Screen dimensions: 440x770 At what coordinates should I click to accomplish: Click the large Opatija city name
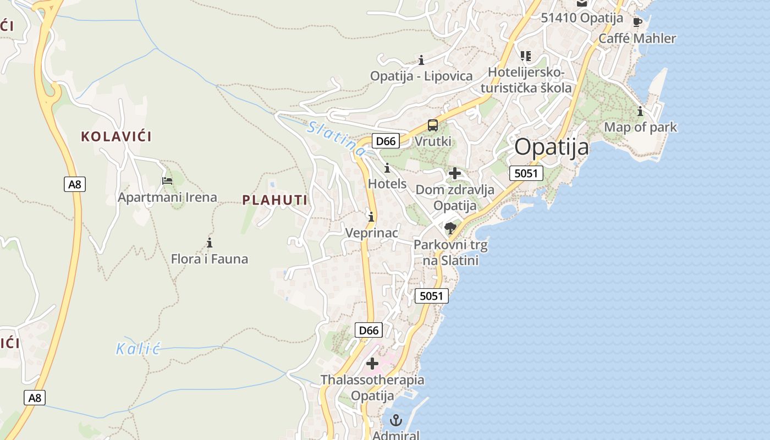552,147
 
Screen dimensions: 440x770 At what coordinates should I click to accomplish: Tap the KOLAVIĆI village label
116,136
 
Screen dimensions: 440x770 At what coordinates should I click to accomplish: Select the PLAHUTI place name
275,200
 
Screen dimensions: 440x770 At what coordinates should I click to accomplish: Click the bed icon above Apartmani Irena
167,180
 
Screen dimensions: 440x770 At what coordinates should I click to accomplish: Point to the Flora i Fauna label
210,258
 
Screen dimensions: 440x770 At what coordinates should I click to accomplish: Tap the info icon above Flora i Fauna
209,243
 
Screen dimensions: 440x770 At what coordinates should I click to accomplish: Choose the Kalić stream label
137,348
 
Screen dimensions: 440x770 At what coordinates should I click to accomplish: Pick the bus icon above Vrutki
433,125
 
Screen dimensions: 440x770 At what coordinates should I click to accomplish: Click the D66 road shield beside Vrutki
386,141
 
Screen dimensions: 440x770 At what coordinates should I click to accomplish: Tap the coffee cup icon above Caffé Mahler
637,23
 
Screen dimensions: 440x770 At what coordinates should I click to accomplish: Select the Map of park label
640,127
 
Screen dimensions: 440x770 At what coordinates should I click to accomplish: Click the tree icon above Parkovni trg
450,228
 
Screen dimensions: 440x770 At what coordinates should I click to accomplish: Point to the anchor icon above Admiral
395,421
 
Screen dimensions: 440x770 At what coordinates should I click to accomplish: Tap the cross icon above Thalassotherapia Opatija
372,363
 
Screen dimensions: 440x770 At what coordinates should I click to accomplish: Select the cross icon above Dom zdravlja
455,174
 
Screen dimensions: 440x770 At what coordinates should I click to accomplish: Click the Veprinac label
371,233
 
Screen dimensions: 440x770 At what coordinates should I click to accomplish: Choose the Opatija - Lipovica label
421,76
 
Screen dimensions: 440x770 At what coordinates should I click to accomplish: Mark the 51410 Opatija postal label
582,18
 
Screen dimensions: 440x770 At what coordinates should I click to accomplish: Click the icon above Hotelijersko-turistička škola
526,56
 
